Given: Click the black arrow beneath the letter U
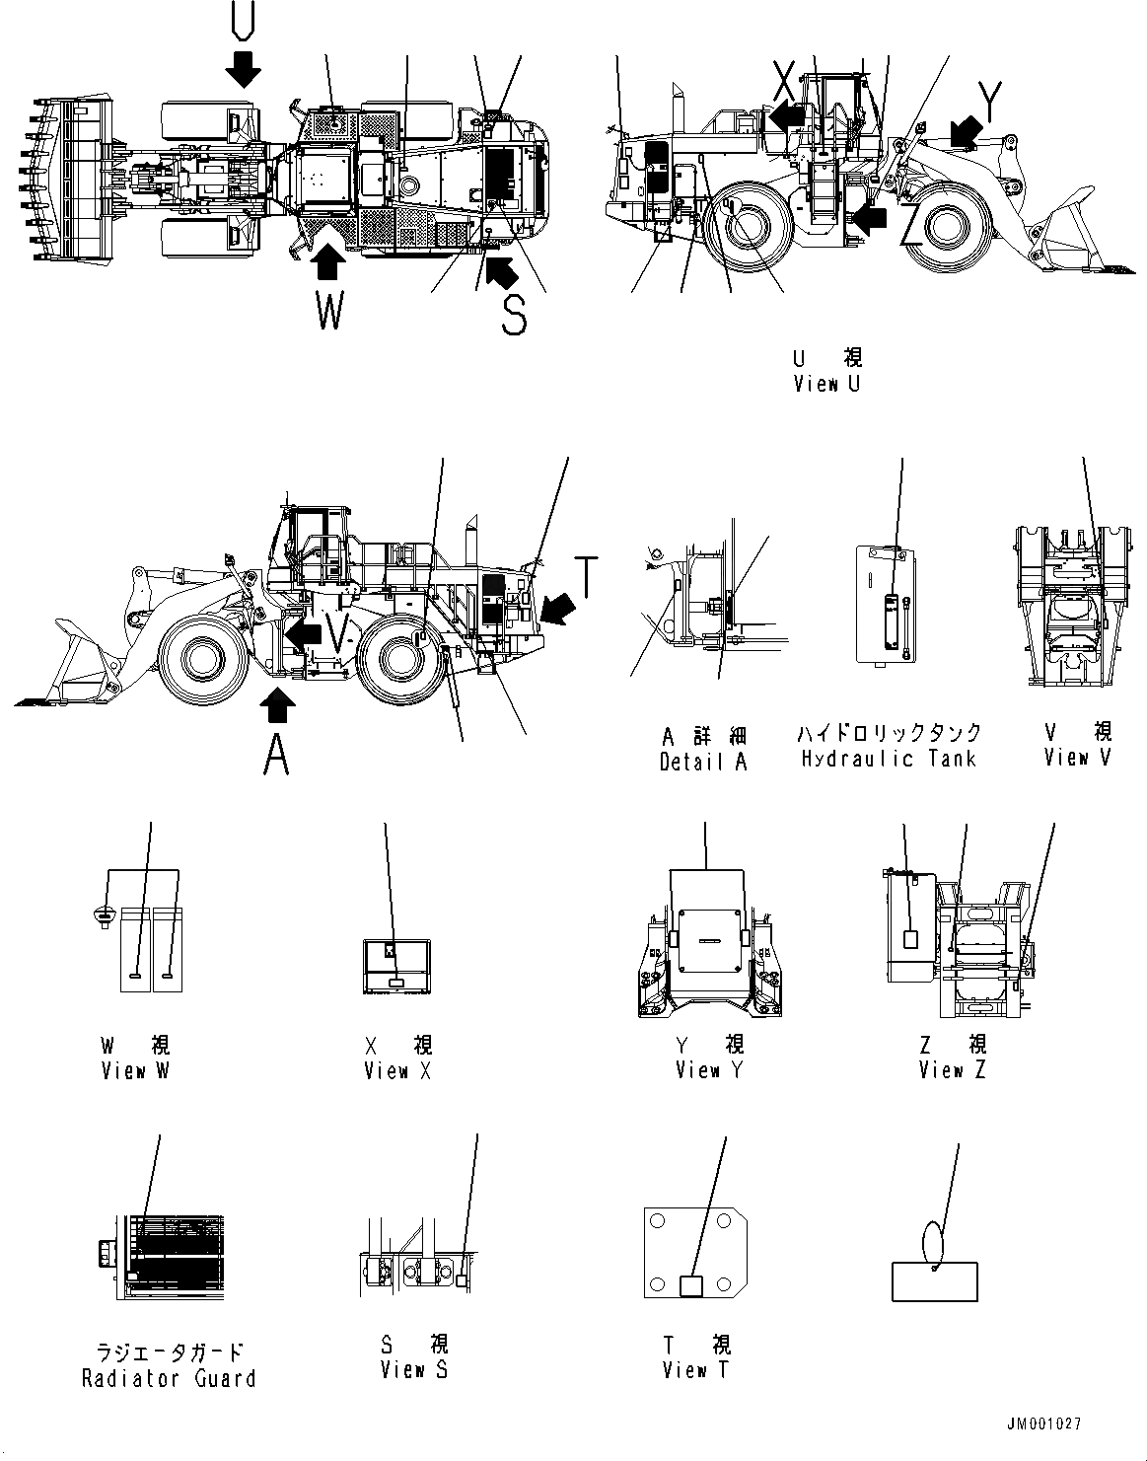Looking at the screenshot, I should [243, 68].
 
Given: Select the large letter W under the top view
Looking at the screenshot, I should [329, 313].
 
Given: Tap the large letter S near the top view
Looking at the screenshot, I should [514, 315].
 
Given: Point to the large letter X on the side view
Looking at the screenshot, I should [784, 76].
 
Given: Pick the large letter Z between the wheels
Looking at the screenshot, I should [912, 228].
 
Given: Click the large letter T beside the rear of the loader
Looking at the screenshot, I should [586, 577].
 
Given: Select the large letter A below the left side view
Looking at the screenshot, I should [277, 757].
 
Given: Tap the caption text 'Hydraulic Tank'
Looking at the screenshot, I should [889, 759].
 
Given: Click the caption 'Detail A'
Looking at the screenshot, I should [703, 762].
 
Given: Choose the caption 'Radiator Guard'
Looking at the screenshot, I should [169, 1378].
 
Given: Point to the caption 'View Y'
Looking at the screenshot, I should [709, 1070].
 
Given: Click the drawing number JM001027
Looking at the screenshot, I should [1044, 1424].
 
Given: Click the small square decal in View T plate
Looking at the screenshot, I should [693, 1285].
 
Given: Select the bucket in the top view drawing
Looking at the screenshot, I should [69, 182].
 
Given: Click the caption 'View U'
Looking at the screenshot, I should [826, 384].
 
